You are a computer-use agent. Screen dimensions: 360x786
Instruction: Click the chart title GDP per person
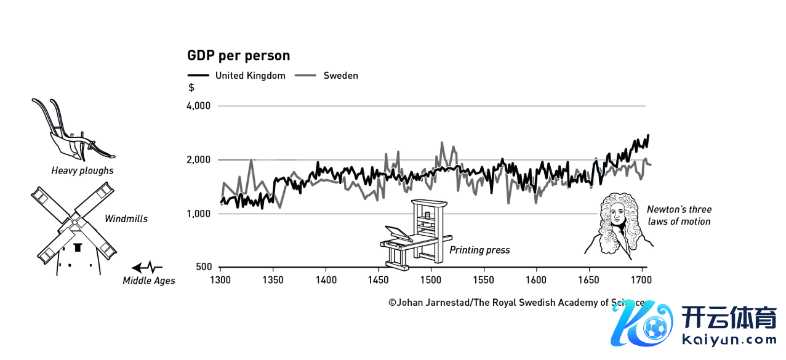(238, 56)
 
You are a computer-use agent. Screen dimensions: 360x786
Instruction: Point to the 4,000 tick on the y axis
(198, 106)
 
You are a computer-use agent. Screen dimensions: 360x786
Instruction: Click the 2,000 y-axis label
(198, 160)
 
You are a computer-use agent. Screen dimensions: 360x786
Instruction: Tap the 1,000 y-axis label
(198, 214)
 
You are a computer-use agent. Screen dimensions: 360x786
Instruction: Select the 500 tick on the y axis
(203, 268)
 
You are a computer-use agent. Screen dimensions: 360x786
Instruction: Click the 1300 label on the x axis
(220, 280)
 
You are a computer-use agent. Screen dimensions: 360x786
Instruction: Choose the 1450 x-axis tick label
(378, 280)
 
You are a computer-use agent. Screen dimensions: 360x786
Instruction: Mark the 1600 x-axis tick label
(536, 280)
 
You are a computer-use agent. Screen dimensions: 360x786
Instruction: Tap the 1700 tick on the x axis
(641, 280)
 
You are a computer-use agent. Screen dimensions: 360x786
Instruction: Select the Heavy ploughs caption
(82, 171)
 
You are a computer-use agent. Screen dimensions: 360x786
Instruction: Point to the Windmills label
(126, 218)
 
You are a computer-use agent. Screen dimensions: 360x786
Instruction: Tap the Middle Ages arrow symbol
(146, 268)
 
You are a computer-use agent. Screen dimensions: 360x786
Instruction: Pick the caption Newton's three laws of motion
(678, 215)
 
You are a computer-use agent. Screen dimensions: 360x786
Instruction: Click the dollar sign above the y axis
(191, 88)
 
